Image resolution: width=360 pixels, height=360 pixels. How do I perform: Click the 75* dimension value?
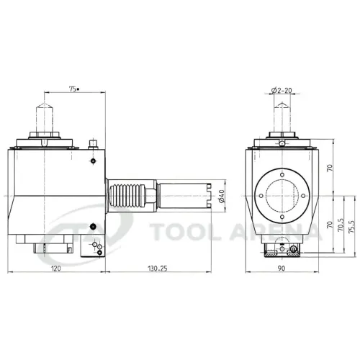(74, 89)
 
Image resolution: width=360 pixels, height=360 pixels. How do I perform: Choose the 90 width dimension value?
(282, 268)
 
